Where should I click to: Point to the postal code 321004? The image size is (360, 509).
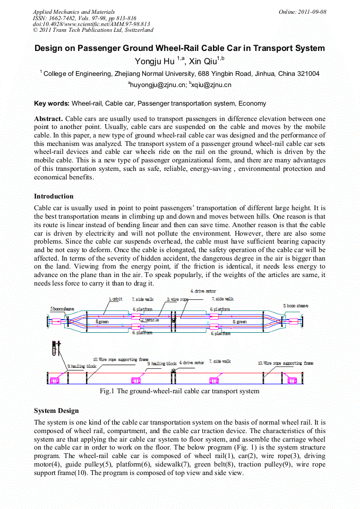[x=307, y=73]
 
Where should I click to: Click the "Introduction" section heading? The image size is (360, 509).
[x=54, y=196]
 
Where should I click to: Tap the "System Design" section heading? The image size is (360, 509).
[x=56, y=410]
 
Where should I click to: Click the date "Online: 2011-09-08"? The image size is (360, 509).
[x=302, y=12]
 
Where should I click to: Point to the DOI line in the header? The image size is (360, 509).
[x=91, y=24]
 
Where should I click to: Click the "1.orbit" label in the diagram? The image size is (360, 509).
[x=115, y=299]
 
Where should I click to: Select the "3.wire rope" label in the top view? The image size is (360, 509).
[x=178, y=299]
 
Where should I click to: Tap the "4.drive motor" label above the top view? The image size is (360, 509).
[x=203, y=291]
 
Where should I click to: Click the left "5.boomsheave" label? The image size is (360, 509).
[x=61, y=308]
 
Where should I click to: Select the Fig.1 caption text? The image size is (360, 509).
[x=179, y=391]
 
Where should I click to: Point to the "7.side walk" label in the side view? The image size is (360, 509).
[x=219, y=361]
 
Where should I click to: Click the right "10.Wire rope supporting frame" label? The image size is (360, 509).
[x=285, y=363]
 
